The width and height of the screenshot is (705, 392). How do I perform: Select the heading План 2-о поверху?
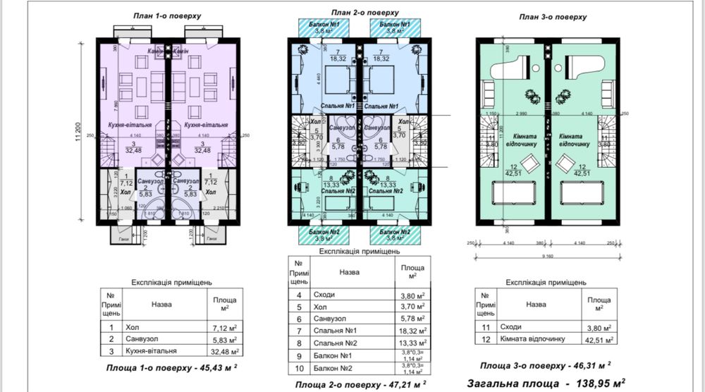(x=364, y=13)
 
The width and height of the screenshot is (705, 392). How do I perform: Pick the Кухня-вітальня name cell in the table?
(x=151, y=350)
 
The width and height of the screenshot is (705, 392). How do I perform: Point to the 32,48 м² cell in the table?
(x=225, y=350)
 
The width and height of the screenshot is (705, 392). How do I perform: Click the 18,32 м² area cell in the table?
(x=412, y=330)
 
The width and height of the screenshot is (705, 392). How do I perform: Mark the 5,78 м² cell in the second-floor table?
(x=412, y=318)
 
